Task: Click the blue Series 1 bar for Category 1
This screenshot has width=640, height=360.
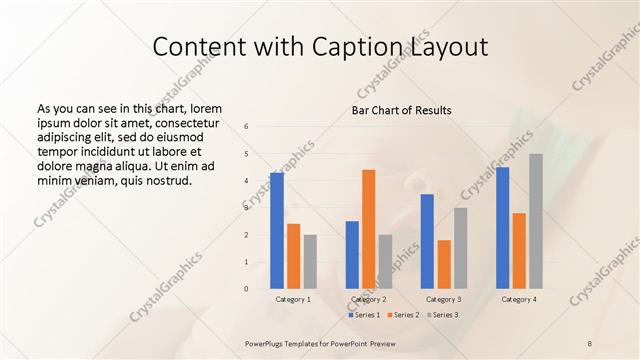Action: tap(276, 231)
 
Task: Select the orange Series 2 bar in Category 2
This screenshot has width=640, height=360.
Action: tap(368, 229)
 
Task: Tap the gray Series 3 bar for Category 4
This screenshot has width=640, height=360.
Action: tap(536, 221)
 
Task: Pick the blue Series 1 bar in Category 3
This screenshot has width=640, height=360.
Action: tap(427, 241)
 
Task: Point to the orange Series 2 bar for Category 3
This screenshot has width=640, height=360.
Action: tap(444, 264)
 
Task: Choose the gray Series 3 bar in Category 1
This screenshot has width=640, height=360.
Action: tap(310, 262)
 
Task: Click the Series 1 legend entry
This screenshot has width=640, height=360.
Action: tap(365, 315)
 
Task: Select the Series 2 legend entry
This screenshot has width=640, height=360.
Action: tap(403, 315)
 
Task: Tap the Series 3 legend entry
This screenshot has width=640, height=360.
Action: tap(442, 315)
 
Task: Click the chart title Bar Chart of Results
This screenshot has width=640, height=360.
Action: tap(401, 110)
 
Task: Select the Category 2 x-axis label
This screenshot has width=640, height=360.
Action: tap(368, 299)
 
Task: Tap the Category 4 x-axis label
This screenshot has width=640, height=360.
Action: tap(519, 299)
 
